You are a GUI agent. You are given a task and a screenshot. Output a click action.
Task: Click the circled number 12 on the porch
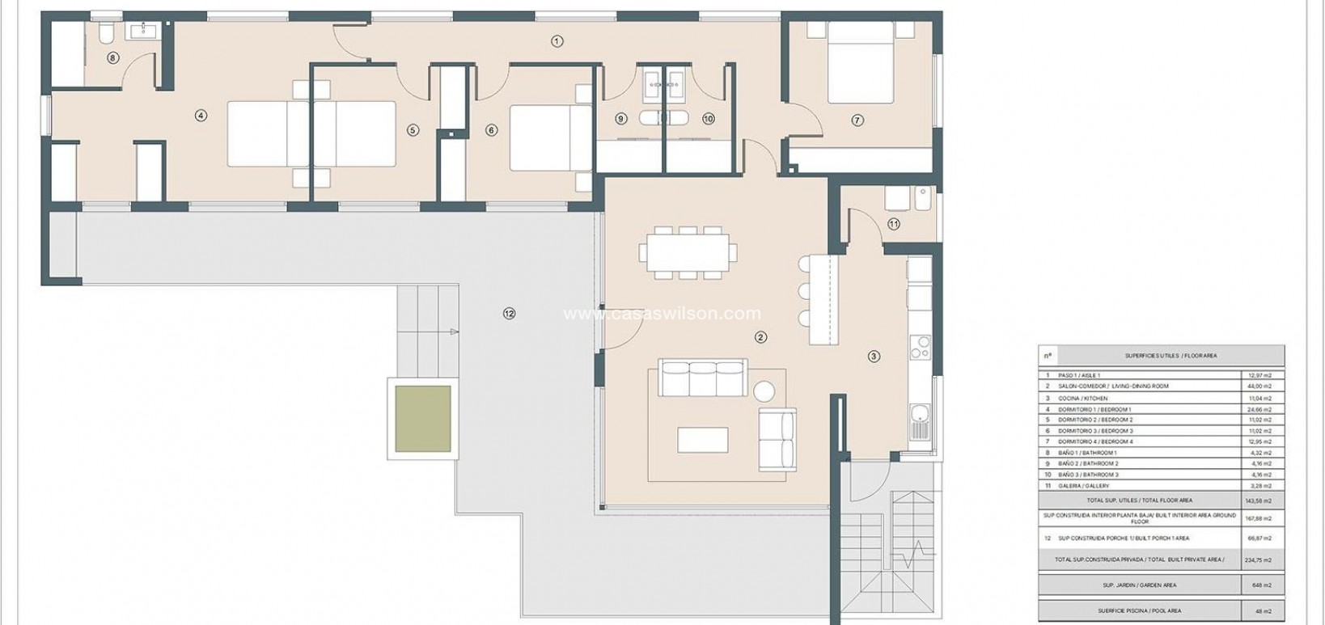tap(508, 314)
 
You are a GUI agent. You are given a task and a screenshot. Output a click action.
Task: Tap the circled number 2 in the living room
tap(760, 337)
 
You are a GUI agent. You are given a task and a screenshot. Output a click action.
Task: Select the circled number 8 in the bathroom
tap(112, 57)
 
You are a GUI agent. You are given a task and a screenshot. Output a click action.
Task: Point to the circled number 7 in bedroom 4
tap(857, 120)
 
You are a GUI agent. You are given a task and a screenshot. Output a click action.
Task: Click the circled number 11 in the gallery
tap(893, 225)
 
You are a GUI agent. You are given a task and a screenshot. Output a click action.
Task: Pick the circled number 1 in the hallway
tap(557, 41)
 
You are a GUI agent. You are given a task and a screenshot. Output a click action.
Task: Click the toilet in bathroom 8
tap(106, 33)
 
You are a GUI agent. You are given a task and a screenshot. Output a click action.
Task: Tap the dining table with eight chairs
tap(688, 252)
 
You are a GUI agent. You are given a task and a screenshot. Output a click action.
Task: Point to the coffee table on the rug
tap(701, 439)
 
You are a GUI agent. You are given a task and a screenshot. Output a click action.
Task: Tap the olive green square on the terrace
tap(422, 418)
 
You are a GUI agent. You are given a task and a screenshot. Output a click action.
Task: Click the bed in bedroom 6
tap(551, 138)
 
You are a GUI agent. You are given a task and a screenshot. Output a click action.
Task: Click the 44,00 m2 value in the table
tap(1259, 386)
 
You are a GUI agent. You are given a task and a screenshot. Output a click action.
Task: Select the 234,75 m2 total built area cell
tap(1259, 560)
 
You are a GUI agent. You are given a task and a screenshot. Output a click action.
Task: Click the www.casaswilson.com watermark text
tap(662, 314)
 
